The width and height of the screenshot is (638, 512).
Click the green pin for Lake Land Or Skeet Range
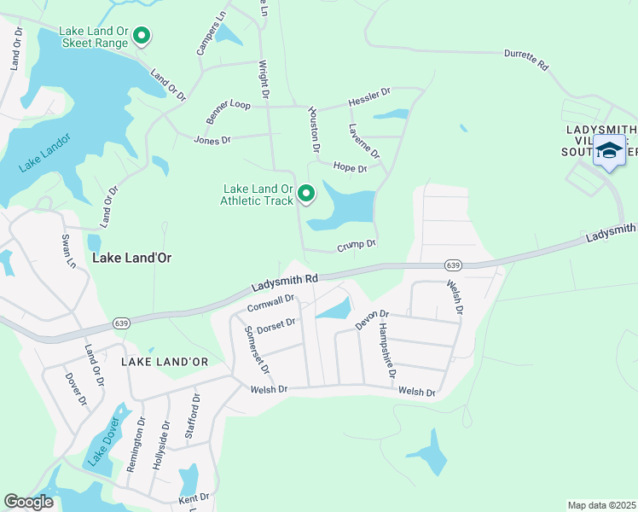[142, 37]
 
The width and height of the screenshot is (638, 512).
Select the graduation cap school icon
[609, 150]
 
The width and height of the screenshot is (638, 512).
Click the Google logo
[29, 502]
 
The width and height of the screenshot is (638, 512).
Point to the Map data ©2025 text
[601, 505]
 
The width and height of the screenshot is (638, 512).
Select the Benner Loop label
[228, 111]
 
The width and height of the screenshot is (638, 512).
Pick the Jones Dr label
[212, 140]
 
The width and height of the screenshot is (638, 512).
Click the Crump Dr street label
[357, 244]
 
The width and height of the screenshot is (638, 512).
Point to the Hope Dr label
[350, 168]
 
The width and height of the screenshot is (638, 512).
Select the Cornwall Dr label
[270, 303]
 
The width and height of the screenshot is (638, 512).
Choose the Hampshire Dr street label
[388, 350]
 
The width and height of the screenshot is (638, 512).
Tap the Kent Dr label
[194, 497]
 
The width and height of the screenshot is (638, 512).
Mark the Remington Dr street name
[136, 445]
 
